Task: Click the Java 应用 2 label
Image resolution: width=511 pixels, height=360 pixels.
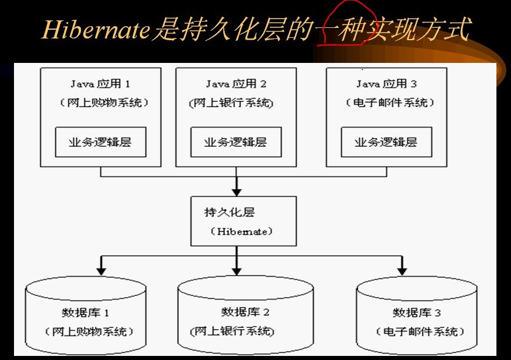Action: click(236, 84)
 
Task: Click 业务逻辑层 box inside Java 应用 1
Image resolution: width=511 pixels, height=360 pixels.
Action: click(101, 142)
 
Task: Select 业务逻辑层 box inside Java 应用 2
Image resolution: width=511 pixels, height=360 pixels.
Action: click(235, 142)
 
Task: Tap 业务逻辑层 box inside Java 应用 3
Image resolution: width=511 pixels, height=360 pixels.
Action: click(386, 142)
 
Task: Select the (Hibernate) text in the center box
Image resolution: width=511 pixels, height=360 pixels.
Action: click(242, 231)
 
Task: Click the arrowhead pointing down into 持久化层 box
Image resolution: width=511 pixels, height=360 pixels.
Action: click(236, 190)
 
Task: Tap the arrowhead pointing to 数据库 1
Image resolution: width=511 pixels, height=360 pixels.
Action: click(101, 269)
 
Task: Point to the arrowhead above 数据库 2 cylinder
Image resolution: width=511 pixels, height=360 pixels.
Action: click(236, 269)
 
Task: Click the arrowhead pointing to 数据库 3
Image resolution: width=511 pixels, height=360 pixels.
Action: click(401, 269)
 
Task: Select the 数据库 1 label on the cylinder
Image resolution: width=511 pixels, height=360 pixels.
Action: click(86, 312)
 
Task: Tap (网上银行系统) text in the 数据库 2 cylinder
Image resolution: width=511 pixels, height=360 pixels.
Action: click(232, 331)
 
